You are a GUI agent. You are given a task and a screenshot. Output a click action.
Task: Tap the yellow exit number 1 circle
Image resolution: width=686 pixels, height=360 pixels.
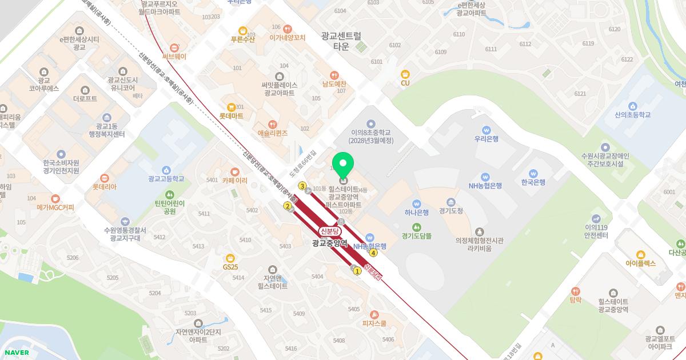pyautogui.click(x=357, y=271)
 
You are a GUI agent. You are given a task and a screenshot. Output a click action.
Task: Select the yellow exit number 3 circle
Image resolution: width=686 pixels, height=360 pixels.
pyautogui.click(x=302, y=185)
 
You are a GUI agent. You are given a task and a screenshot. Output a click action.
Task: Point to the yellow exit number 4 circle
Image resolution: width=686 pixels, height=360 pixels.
pyautogui.click(x=373, y=253)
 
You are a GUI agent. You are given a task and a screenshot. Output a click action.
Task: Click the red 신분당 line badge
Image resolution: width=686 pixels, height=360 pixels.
pyautogui.click(x=329, y=231)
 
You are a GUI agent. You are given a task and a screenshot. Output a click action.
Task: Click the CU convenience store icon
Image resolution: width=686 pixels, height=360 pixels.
pyautogui.click(x=405, y=74)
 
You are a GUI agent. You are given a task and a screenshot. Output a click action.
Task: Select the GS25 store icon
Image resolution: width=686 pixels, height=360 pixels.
pyautogui.click(x=230, y=257)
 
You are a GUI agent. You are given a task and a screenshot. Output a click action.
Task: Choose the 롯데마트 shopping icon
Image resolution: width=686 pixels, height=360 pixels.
pyautogui.click(x=231, y=107)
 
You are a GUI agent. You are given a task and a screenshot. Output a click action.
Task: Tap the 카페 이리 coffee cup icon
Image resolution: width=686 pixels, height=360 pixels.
pyautogui.click(x=234, y=171)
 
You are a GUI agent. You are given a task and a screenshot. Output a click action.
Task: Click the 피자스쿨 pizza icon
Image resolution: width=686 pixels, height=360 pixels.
pyautogui.click(x=374, y=314)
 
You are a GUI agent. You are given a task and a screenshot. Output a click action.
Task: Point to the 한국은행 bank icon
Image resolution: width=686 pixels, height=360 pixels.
pyautogui.click(x=533, y=173)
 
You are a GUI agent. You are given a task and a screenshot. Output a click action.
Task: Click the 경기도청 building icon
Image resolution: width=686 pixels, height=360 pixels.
pyautogui.click(x=451, y=202)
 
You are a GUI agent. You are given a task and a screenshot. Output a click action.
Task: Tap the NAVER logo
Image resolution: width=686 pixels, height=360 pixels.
pyautogui.click(x=15, y=353)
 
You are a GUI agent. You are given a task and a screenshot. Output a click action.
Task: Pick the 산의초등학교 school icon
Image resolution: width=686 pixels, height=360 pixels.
pyautogui.click(x=632, y=106)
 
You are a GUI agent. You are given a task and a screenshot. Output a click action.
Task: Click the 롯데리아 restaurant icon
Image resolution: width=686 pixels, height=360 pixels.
pyautogui.click(x=104, y=178)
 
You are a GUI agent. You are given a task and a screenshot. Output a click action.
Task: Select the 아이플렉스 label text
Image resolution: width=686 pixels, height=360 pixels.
pyautogui.click(x=640, y=263)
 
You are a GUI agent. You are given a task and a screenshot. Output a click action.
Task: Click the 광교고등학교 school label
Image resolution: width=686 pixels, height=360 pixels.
pyautogui.click(x=166, y=179)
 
